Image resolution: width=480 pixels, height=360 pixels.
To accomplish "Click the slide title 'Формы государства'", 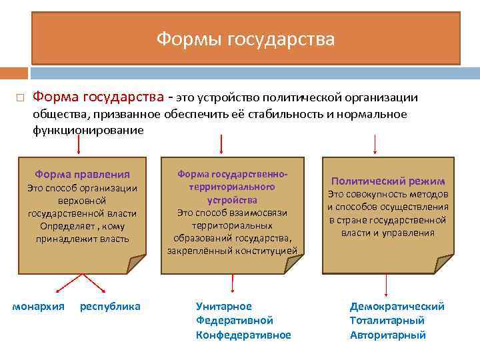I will coord(245,39).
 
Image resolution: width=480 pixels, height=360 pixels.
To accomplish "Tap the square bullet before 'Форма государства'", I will coord(20,98).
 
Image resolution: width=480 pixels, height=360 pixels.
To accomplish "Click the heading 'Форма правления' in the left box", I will coord(83,174).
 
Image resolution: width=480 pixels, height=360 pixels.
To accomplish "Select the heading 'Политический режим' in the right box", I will coord(387,181).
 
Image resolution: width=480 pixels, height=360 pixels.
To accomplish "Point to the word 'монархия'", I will coord(39,307).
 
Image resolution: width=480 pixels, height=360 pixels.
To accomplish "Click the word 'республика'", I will coord(110,307).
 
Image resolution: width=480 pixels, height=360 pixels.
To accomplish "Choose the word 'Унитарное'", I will coord(224,306).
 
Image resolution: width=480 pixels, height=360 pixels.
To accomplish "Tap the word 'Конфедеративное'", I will coord(243,335).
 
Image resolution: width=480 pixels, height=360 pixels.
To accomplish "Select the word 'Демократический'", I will coord(397,306).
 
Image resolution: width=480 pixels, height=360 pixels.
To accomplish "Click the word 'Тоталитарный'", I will coord(387,321).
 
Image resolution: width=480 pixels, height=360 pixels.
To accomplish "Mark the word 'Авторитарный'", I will coord(388,335).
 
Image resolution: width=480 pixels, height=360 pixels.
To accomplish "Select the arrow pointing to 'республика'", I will coord(93,283).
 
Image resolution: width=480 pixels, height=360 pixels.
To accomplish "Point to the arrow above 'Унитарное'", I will coord(231,284).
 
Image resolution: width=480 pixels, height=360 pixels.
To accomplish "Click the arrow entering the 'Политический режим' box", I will coord(375,144).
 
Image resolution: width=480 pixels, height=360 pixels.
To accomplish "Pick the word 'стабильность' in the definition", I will coord(291,114).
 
